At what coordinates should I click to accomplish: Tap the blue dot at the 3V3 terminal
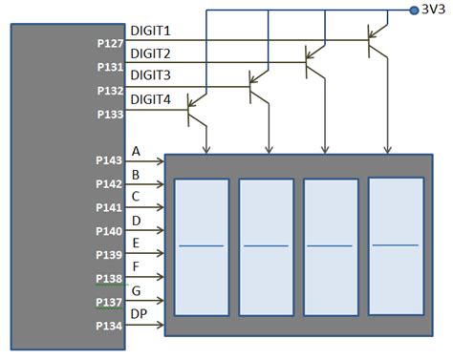pos(414,11)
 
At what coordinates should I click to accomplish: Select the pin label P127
pos(111,44)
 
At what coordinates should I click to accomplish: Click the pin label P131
pos(111,68)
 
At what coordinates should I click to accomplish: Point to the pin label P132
pos(111,91)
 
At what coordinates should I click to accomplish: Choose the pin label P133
pos(111,115)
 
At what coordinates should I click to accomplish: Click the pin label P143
pos(111,161)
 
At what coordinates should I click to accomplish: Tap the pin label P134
pos(111,326)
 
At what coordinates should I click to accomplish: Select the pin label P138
pos(111,279)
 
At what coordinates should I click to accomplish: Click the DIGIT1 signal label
pos(150,32)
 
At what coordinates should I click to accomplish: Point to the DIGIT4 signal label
pos(150,98)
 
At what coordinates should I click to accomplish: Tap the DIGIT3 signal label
pos(150,75)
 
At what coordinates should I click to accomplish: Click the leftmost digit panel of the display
pos(201,247)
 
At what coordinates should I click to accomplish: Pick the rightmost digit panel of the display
pos(396,245)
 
